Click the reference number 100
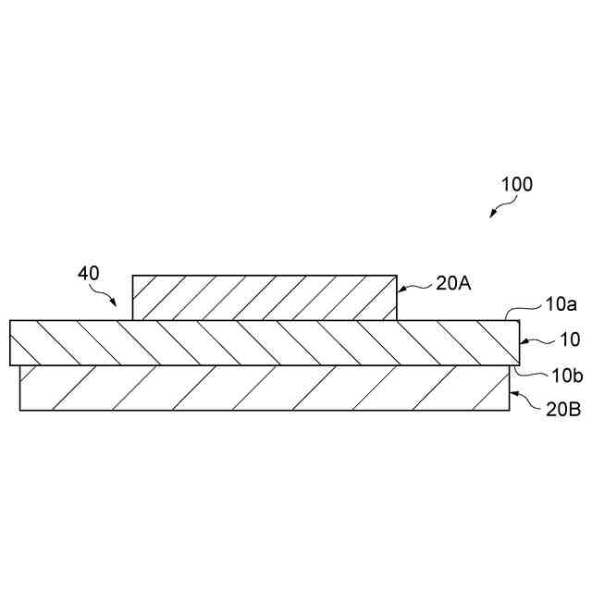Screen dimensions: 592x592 (516, 184)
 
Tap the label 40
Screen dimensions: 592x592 (88, 274)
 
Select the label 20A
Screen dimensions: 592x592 (453, 284)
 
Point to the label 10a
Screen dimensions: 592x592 (561, 302)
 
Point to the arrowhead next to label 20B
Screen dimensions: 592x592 (514, 398)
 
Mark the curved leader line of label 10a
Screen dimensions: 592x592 (530, 311)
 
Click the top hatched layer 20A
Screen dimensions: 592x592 (265, 297)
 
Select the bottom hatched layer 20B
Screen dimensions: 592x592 (265, 388)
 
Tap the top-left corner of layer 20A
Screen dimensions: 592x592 (133, 275)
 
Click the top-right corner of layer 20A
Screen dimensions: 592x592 (398, 275)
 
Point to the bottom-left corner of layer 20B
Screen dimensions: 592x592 (20, 410)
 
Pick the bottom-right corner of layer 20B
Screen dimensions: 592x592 (510, 410)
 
